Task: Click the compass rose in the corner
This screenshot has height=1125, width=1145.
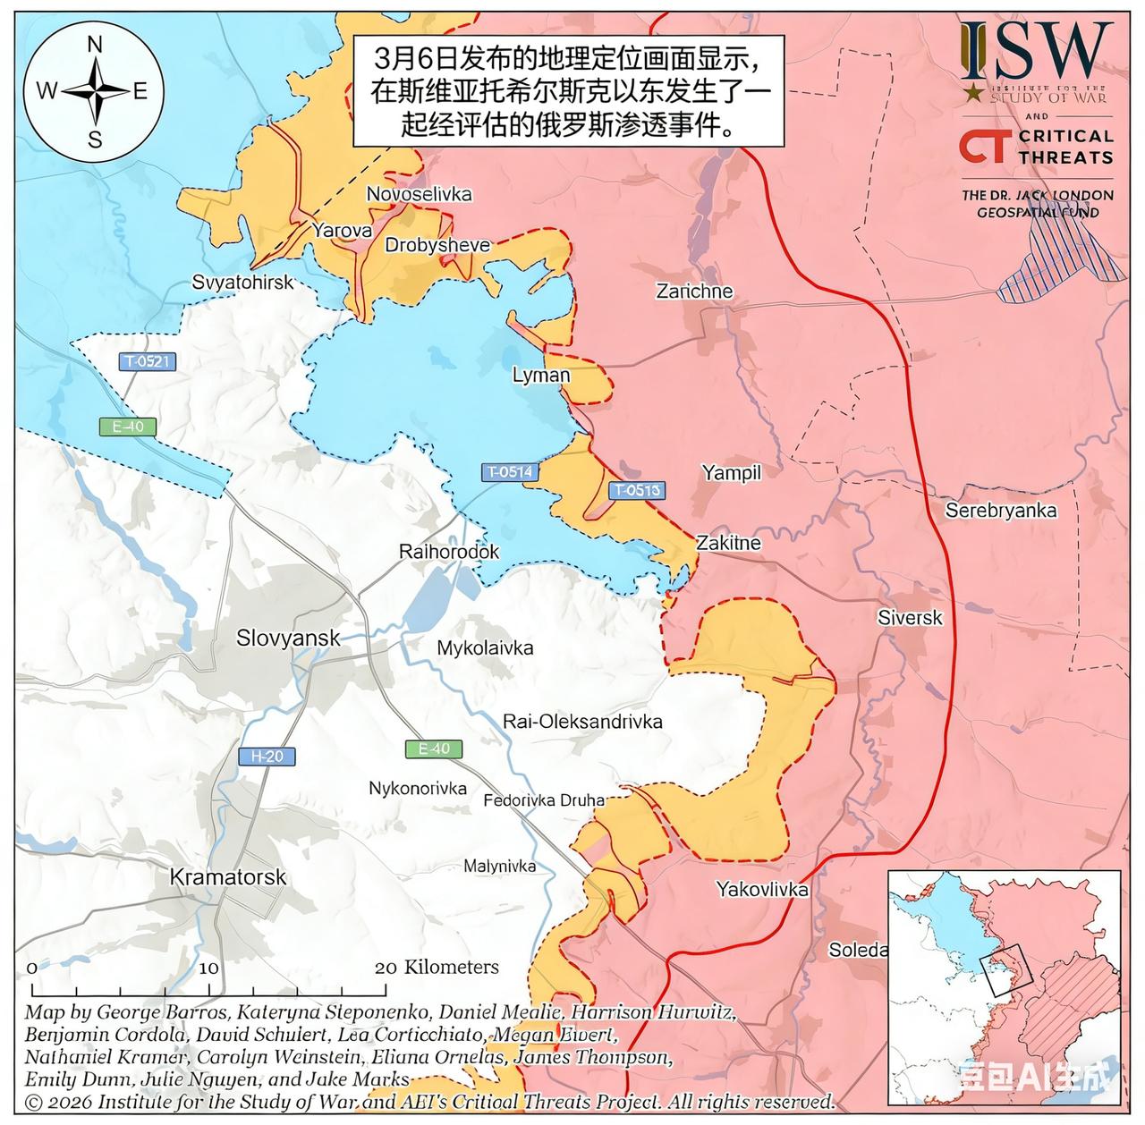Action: (x=94, y=91)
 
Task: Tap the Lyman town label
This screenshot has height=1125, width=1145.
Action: (x=541, y=375)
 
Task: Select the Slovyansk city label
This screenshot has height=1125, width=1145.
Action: (x=288, y=638)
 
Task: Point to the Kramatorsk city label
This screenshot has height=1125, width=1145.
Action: (x=228, y=876)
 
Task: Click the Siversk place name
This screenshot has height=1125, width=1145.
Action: (x=910, y=618)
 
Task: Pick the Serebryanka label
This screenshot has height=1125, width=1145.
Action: (x=1001, y=511)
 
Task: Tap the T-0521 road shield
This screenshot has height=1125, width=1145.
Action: (x=148, y=362)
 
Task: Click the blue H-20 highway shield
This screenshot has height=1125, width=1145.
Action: (x=267, y=757)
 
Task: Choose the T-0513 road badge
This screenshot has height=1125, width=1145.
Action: (x=637, y=490)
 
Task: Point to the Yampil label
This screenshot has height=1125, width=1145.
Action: (x=731, y=472)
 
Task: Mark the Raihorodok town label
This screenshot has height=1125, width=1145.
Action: (x=449, y=552)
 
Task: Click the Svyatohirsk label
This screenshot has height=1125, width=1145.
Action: (x=242, y=282)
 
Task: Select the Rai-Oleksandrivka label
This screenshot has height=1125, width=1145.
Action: (x=582, y=721)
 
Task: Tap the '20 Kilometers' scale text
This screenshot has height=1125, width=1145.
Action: (x=437, y=967)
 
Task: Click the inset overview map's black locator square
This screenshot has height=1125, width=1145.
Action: (x=1007, y=971)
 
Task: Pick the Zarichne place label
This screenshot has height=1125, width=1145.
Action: (x=694, y=292)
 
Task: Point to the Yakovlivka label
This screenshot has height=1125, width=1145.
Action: (x=762, y=889)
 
